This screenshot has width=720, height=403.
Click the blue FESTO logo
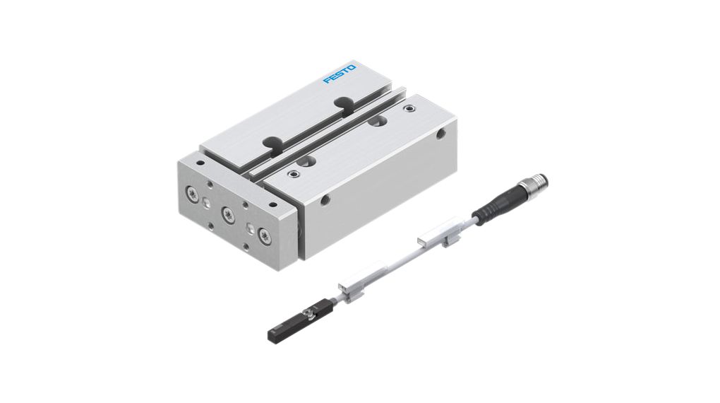[340, 74]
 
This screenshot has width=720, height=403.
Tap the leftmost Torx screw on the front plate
[192, 192]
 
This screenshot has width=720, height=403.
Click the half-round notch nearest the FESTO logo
[345, 103]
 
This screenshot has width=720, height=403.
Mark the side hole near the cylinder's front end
[324, 200]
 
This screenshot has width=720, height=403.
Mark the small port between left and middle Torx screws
[205, 204]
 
